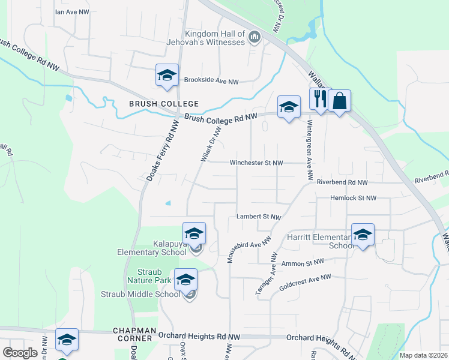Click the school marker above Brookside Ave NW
click(167, 75)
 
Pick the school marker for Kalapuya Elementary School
click(194, 233)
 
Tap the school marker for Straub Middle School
click(186, 279)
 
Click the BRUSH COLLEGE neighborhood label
click(155, 104)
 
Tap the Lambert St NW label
click(258, 217)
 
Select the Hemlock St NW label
click(353, 198)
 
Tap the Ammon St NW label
click(302, 262)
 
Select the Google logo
click(20, 353)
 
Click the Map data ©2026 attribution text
click(423, 355)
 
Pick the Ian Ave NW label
click(71, 11)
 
